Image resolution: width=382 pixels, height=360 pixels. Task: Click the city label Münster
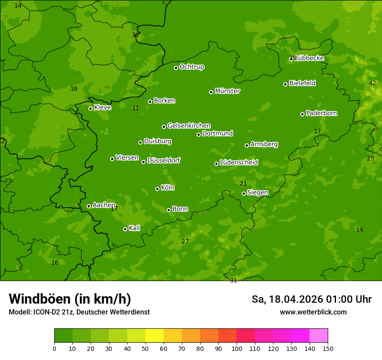[x=227, y=91]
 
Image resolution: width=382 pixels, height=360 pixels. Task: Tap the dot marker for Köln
[x=157, y=189]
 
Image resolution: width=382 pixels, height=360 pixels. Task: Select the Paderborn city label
[x=322, y=113]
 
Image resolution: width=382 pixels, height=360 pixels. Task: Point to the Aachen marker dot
[x=89, y=206]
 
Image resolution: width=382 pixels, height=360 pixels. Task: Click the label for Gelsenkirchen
[x=189, y=126]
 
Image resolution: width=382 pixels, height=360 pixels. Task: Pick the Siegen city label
[x=257, y=193]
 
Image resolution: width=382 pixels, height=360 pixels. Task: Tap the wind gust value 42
[x=372, y=83]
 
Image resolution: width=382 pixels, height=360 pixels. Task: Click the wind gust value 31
[x=234, y=280]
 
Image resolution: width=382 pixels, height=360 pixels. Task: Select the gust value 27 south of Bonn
[x=185, y=241]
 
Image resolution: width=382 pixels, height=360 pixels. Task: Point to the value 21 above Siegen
[x=243, y=183]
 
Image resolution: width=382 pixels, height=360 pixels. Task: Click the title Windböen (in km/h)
[x=70, y=299]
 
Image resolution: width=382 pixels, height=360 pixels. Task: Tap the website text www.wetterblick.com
[x=313, y=312]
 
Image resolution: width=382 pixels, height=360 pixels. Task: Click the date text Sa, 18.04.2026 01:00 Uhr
[x=312, y=299]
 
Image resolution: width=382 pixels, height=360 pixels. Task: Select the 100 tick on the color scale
[x=237, y=348]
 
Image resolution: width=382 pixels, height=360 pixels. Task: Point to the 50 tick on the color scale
[x=145, y=348]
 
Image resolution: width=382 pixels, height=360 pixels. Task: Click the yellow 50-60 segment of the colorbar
[x=155, y=336]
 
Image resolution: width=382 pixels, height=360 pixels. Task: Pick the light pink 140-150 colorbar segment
[x=319, y=336]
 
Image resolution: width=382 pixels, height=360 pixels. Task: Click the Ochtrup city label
[x=192, y=67]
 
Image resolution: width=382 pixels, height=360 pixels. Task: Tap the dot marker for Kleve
[x=90, y=108]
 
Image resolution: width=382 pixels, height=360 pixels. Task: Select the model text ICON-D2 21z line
[x=79, y=312]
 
